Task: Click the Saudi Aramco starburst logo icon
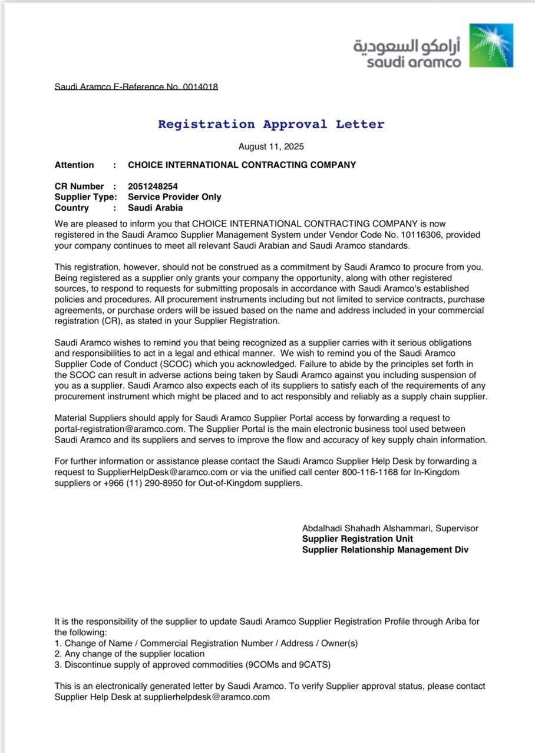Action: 491,45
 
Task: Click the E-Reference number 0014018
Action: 200,86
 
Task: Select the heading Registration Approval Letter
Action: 271,124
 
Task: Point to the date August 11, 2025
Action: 271,146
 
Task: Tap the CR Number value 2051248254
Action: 153,186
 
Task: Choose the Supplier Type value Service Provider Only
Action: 174,197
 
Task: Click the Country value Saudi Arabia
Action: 155,208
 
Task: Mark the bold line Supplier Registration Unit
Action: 357,539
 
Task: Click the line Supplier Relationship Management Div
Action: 385,549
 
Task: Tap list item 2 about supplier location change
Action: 130,654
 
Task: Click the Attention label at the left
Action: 74,165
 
